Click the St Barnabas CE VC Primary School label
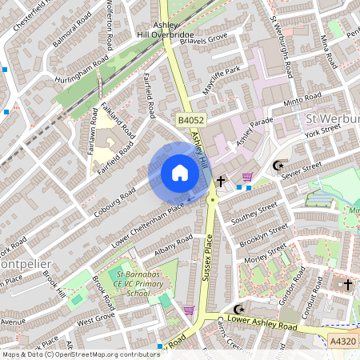tap(128, 282)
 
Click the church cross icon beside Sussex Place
tap(219, 182)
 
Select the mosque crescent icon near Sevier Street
tap(278, 166)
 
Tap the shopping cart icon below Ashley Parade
tap(248, 176)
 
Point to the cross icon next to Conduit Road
tap(347, 284)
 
